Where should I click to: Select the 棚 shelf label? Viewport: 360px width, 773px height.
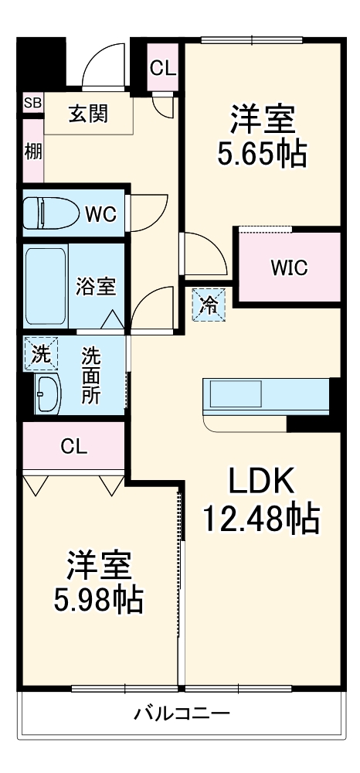[32, 149]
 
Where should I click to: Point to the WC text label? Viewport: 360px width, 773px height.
[100, 213]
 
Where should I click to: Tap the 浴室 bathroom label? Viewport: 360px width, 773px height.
[96, 285]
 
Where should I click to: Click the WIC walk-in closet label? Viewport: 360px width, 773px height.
[289, 268]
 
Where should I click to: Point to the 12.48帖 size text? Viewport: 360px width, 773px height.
[261, 519]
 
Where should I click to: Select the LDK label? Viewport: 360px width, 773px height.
[261, 482]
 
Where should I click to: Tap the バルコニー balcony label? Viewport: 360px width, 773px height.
[181, 712]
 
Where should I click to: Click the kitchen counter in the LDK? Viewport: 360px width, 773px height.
[265, 396]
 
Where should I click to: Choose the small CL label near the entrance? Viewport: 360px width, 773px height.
[162, 68]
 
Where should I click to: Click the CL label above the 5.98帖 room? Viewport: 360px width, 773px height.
[74, 446]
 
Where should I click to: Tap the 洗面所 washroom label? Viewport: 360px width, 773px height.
[91, 374]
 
